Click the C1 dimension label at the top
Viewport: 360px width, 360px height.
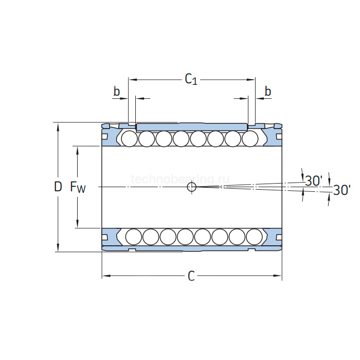click(x=191, y=79)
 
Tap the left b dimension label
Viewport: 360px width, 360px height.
click(x=117, y=92)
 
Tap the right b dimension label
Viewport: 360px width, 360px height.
click(x=267, y=92)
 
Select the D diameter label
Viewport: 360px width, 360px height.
click(x=58, y=187)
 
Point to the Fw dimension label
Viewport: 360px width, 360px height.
click(x=78, y=187)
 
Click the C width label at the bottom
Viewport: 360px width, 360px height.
click(x=191, y=277)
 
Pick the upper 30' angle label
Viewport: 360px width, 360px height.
click(x=313, y=181)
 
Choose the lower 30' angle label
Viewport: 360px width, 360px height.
click(x=341, y=190)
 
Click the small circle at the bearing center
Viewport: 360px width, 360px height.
click(x=192, y=187)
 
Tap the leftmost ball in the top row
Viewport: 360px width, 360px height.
click(x=129, y=138)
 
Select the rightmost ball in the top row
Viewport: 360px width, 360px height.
click(x=250, y=138)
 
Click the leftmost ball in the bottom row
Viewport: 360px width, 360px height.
click(x=133, y=236)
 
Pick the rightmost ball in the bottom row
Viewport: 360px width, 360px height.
click(x=254, y=236)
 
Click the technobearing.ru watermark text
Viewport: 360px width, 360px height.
click(x=180, y=178)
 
